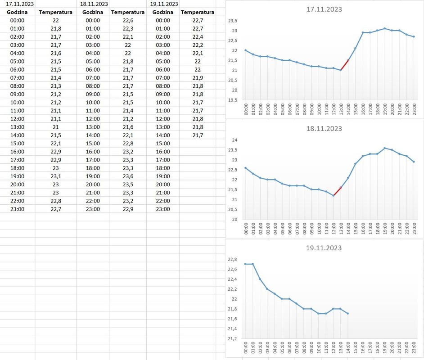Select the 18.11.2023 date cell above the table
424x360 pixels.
(93, 4)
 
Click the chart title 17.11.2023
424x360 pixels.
(324, 9)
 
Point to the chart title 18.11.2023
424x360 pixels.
(324, 129)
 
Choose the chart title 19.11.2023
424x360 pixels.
(324, 248)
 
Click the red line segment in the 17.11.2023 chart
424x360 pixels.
(344, 65)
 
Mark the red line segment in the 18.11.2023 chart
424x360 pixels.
(337, 191)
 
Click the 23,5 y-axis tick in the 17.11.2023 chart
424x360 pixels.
(232, 21)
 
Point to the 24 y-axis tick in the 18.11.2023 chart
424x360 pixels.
(234, 140)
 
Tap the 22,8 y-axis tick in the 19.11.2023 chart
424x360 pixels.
(232, 260)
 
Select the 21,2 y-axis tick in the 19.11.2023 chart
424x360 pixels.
(232, 339)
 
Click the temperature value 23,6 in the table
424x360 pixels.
(128, 176)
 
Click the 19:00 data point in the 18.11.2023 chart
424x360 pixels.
(384, 148)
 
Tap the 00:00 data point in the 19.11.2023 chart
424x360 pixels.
(245, 264)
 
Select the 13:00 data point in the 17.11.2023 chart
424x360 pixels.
(341, 70)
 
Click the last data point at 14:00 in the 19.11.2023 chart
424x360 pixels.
(348, 313)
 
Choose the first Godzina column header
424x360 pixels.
(17, 12)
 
